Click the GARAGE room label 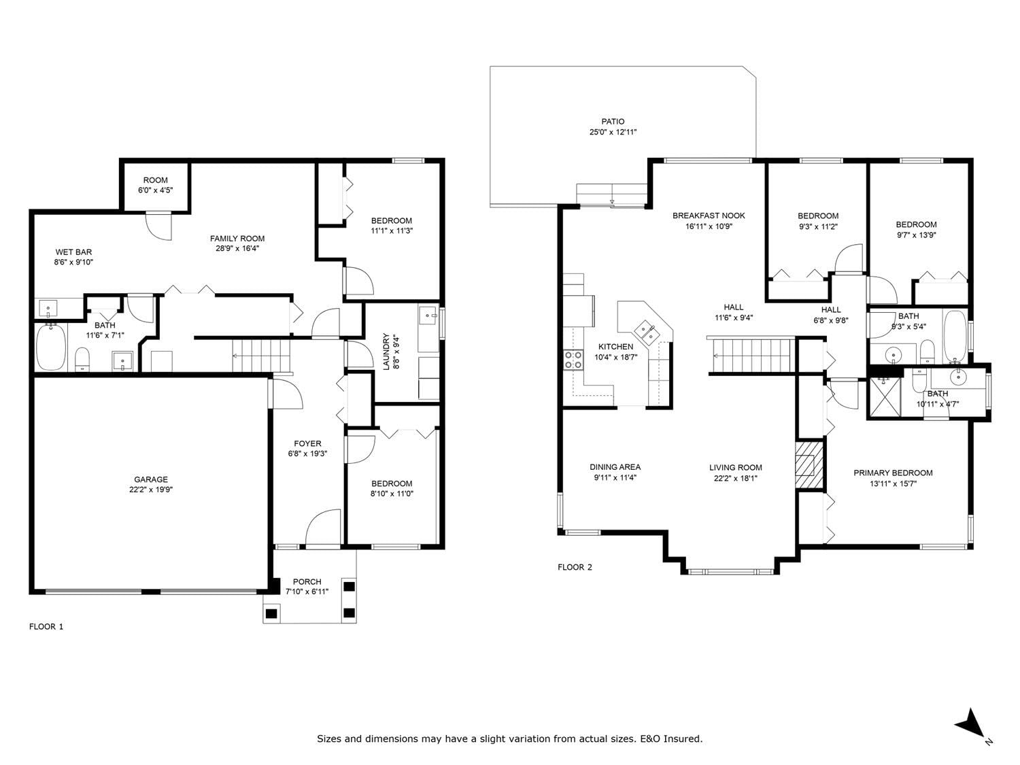click(x=150, y=479)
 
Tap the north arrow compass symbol click(x=970, y=725)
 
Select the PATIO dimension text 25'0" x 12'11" click(x=613, y=132)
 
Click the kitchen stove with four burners click(x=573, y=360)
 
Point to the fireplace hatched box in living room click(x=809, y=464)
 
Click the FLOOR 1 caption click(x=46, y=626)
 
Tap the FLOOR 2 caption click(x=575, y=567)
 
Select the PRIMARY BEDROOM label click(x=893, y=473)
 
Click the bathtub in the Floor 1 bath click(x=51, y=347)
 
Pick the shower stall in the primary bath click(x=885, y=396)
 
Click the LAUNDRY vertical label click(x=386, y=352)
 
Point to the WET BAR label click(x=73, y=252)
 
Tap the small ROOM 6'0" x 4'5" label click(x=155, y=180)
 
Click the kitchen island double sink click(x=647, y=331)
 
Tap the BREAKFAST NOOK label click(x=709, y=216)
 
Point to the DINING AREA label click(x=615, y=466)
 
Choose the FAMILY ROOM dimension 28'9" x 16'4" click(x=237, y=248)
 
